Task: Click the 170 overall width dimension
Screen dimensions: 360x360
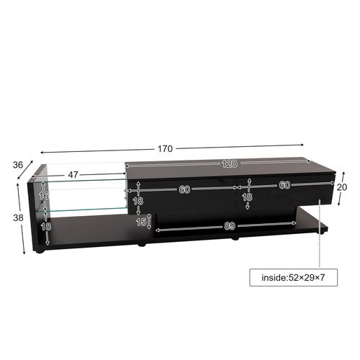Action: point(165,149)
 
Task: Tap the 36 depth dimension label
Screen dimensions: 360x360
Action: point(18,164)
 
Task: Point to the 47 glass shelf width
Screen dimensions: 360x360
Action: point(73,175)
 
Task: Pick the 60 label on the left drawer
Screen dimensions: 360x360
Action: point(184,189)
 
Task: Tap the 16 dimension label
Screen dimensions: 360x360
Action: point(44,195)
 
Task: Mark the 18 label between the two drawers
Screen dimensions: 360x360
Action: point(248,197)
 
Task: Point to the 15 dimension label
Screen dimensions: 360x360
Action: point(141,222)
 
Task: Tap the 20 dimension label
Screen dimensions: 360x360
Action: point(351,185)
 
